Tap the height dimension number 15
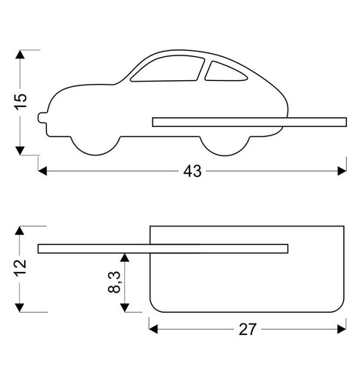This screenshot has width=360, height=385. click(x=21, y=102)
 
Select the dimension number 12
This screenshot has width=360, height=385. click(x=21, y=269)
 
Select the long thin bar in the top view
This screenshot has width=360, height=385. click(x=162, y=247)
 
